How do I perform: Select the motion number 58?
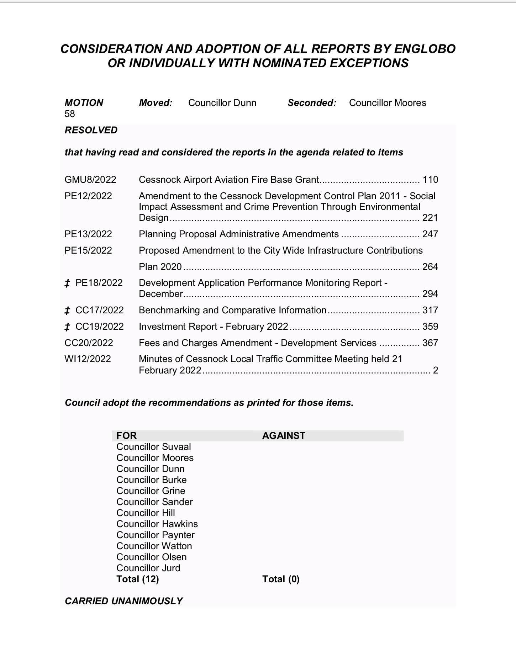pyautogui.click(x=70, y=114)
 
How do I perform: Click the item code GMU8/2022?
pyautogui.click(x=90, y=180)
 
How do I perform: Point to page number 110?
pyautogui.click(x=430, y=180)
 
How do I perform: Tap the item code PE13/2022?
pyautogui.click(x=88, y=234)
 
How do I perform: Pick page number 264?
pyautogui.click(x=430, y=267)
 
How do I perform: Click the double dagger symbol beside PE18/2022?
pyautogui.click(x=67, y=283)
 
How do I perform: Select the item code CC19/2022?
pyautogui.click(x=99, y=327)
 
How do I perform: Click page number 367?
pyautogui.click(x=430, y=343)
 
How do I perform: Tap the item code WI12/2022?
pyautogui.click(x=88, y=359)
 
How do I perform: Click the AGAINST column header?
pyautogui.click(x=284, y=436)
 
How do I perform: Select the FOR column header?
pyautogui.click(x=126, y=436)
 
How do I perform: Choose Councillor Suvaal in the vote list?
pyautogui.click(x=153, y=447)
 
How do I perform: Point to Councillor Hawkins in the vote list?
pyautogui.click(x=157, y=524)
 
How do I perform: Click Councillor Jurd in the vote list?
pyautogui.click(x=148, y=568)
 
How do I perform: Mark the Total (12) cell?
pyautogui.click(x=137, y=579)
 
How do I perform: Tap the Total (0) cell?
pyautogui.click(x=281, y=579)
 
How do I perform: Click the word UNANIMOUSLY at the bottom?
pyautogui.click(x=147, y=601)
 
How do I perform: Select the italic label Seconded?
pyautogui.click(x=312, y=103)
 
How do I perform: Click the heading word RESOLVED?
pyautogui.click(x=91, y=130)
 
